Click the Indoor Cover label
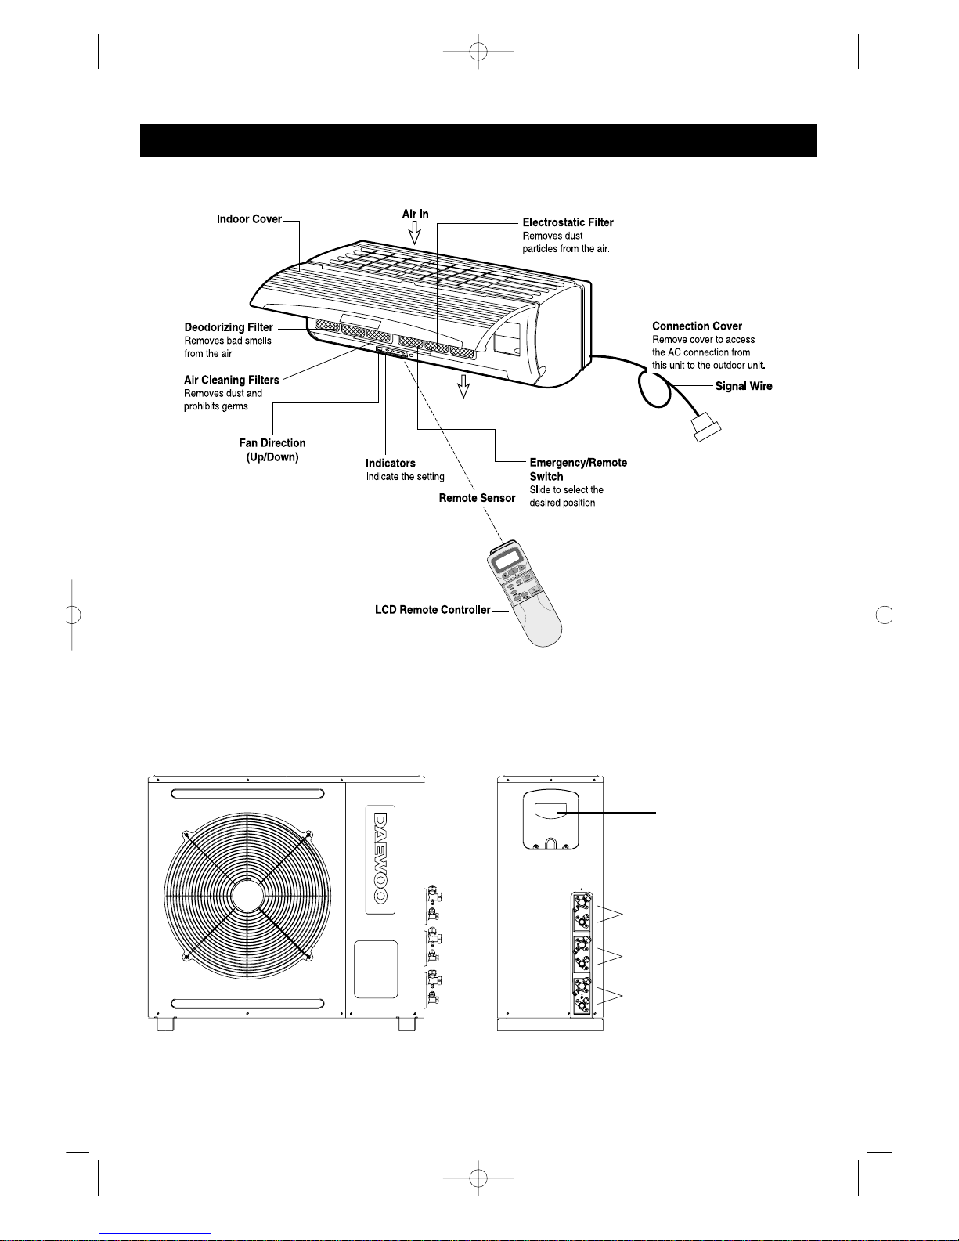click(x=249, y=219)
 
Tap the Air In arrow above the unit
click(x=415, y=233)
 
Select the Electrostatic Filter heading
click(x=568, y=222)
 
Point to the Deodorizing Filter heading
click(x=229, y=327)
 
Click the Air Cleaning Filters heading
click(x=231, y=380)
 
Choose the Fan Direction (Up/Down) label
click(x=272, y=450)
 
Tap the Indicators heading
click(x=391, y=464)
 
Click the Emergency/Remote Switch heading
click(x=579, y=470)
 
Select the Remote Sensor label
click(x=478, y=498)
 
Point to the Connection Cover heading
click(x=697, y=326)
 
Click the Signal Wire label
click(x=744, y=386)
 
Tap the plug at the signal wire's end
click(x=706, y=427)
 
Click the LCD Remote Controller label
click(x=433, y=610)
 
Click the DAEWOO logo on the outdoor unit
click(x=380, y=859)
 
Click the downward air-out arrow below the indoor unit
click(x=463, y=386)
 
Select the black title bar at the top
click(x=478, y=140)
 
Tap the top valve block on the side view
click(x=582, y=912)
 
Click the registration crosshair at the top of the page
click(x=478, y=52)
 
